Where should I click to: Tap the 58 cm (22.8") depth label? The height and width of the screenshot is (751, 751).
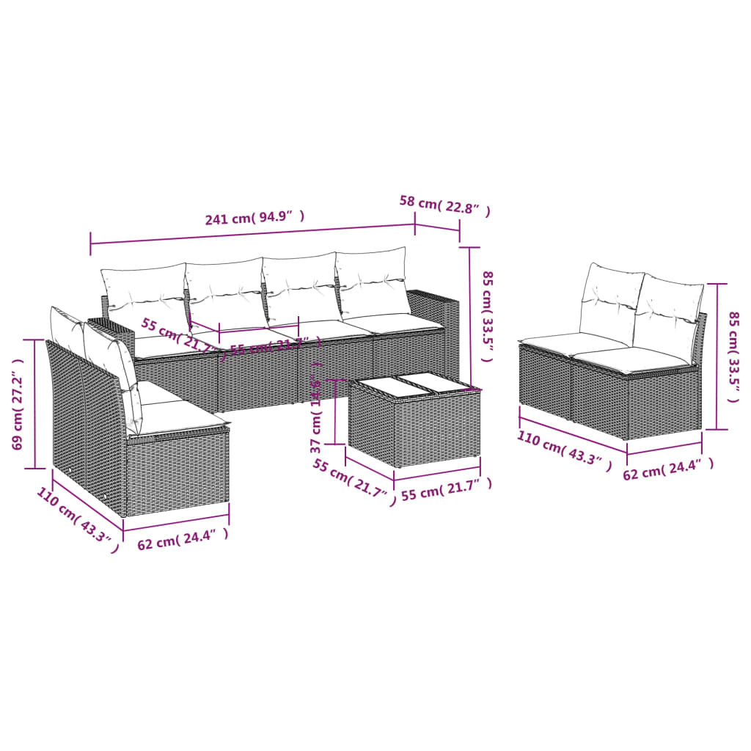pyautogui.click(x=444, y=207)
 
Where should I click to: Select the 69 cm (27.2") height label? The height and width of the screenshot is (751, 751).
pyautogui.click(x=20, y=403)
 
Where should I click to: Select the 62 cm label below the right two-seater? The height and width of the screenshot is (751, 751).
pyautogui.click(x=667, y=469)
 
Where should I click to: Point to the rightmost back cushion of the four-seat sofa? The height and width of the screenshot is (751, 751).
pyautogui.click(x=372, y=282)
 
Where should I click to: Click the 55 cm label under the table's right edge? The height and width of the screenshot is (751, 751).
pyautogui.click(x=445, y=489)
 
